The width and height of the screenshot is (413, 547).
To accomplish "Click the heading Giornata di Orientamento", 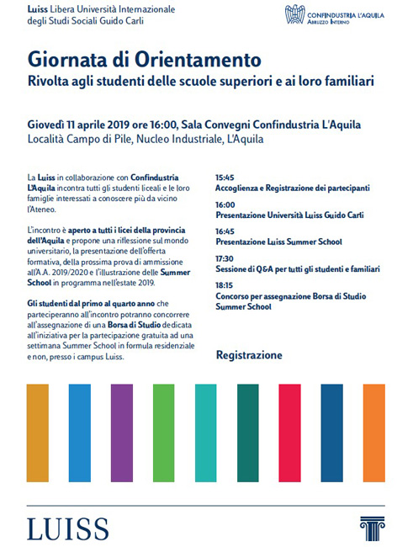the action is (144, 61).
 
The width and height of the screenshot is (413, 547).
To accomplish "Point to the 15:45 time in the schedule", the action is (225, 178).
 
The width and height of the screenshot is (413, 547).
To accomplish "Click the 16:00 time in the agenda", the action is (225, 204).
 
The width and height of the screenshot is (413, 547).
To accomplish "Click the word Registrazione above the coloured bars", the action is (249, 355).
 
